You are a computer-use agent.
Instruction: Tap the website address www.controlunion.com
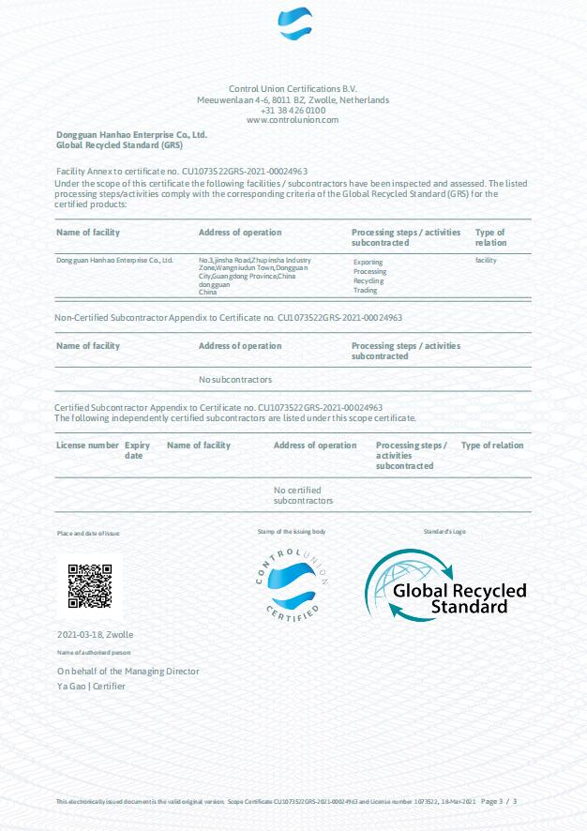pyautogui.click(x=293, y=120)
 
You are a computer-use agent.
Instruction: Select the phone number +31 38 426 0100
pyautogui.click(x=293, y=110)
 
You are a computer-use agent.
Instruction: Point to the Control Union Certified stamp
pyautogui.click(x=293, y=582)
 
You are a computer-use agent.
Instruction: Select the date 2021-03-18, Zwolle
pyautogui.click(x=96, y=635)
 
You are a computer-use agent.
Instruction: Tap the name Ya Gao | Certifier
pyautogui.click(x=91, y=687)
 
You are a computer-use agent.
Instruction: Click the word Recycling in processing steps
pyautogui.click(x=369, y=281)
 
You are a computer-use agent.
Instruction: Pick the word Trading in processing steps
pyautogui.click(x=365, y=291)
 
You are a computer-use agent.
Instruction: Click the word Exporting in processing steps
pyautogui.click(x=368, y=264)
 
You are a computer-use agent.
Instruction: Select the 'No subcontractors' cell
pyautogui.click(x=235, y=380)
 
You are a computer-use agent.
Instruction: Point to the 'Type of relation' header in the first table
pyautogui.click(x=490, y=237)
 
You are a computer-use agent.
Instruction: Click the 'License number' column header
pyautogui.click(x=87, y=446)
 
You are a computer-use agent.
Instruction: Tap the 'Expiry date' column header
pyautogui.click(x=137, y=450)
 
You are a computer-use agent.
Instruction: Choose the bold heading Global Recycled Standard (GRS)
pyautogui.click(x=119, y=146)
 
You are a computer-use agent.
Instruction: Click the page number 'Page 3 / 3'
pyautogui.click(x=500, y=802)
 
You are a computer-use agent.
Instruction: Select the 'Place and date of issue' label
pyautogui.click(x=88, y=533)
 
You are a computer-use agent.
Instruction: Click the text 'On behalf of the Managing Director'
pyautogui.click(x=128, y=672)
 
